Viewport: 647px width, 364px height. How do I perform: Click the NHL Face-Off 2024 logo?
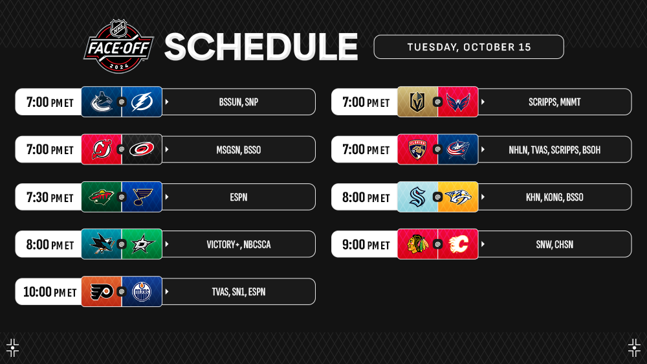click(x=119, y=46)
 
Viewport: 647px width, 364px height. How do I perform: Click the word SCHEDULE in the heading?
click(x=261, y=47)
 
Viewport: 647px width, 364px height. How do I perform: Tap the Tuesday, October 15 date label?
click(x=468, y=47)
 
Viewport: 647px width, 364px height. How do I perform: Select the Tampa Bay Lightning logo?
click(x=142, y=102)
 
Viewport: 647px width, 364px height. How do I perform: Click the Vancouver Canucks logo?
click(x=102, y=102)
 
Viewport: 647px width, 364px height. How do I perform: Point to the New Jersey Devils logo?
click(x=102, y=149)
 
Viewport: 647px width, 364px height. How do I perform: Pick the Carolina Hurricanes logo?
click(x=142, y=149)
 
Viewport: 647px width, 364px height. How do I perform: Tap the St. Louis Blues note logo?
click(x=143, y=197)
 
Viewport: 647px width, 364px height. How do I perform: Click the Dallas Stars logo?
click(x=142, y=245)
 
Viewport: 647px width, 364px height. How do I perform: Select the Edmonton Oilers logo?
click(x=142, y=291)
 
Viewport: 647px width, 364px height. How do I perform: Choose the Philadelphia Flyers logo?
click(x=102, y=292)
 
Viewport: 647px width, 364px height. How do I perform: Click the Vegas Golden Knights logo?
click(x=417, y=102)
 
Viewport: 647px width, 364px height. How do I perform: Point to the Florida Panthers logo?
click(x=417, y=150)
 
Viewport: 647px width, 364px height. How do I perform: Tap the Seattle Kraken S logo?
click(x=417, y=197)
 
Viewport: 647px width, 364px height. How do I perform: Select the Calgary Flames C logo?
click(x=458, y=244)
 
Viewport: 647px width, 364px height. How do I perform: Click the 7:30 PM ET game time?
click(x=50, y=198)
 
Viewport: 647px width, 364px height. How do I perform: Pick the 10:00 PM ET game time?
click(x=50, y=292)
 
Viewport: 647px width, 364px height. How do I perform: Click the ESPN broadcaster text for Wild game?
click(x=239, y=198)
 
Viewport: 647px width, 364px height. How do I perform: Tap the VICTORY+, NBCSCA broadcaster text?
click(x=239, y=245)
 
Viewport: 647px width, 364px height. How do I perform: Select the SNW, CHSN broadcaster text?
click(x=554, y=245)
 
